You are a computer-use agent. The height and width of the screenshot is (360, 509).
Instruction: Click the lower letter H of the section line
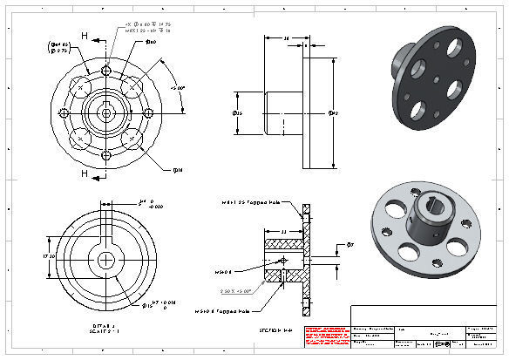pyautogui.click(x=84, y=173)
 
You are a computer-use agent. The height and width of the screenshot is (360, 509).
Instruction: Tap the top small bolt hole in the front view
pyautogui.click(x=105, y=70)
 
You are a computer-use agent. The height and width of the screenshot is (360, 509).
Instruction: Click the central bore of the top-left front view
pyautogui.click(x=105, y=112)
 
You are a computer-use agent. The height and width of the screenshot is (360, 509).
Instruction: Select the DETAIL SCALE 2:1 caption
pyautogui.click(x=105, y=329)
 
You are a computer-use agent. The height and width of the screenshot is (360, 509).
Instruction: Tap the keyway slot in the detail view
pyautogui.click(x=105, y=223)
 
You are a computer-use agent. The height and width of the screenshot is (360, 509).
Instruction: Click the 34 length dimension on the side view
pyautogui.click(x=288, y=38)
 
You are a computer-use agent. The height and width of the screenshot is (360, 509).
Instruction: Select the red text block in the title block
pyautogui.click(x=323, y=335)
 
